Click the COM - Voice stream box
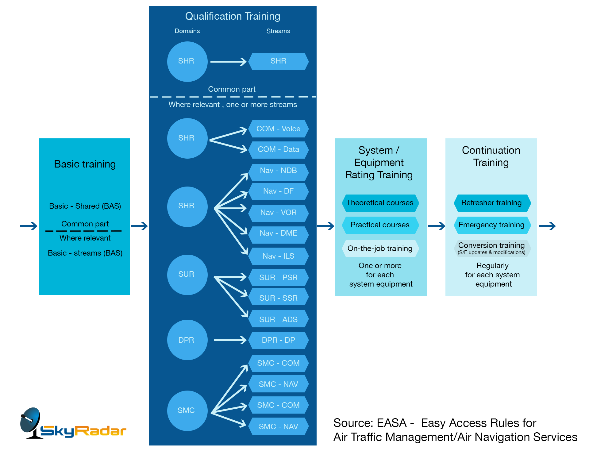(278, 129)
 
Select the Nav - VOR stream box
(278, 213)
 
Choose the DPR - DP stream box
(278, 340)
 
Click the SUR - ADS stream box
(278, 319)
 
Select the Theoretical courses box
(380, 203)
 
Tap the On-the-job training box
(380, 249)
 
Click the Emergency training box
(492, 225)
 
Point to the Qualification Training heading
(233, 16)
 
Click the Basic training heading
(85, 164)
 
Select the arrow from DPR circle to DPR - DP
(230, 340)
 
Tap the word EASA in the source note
(391, 423)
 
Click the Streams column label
(278, 31)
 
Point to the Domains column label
(187, 31)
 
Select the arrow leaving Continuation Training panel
(547, 226)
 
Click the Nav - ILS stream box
(278, 256)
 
